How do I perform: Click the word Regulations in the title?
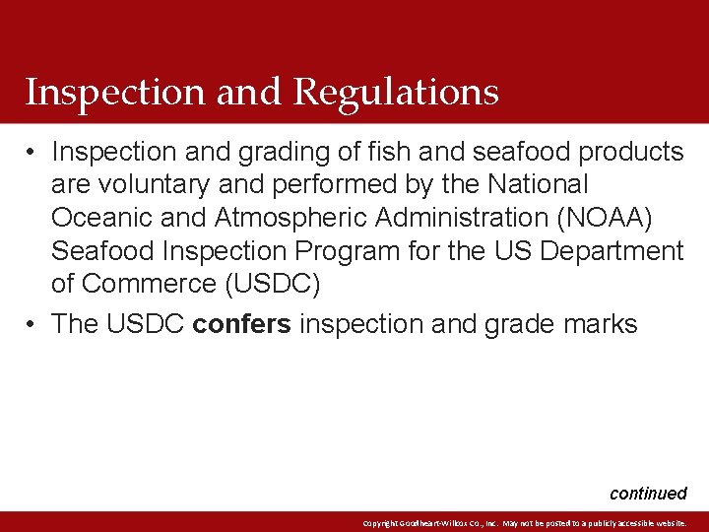pos(396,93)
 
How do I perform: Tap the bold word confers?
pos(242,323)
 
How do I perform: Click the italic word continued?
pos(648,494)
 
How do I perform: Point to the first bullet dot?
pos(32,152)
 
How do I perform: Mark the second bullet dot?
pos(32,324)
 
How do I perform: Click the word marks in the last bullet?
pos(600,323)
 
